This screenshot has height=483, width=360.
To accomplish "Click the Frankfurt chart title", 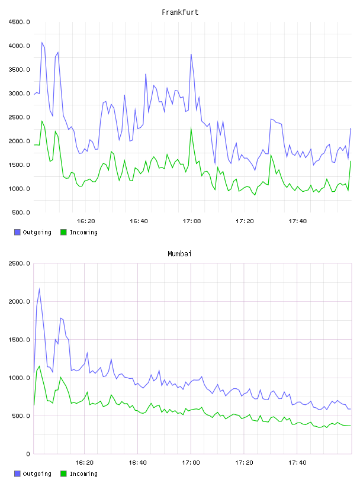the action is [180, 12].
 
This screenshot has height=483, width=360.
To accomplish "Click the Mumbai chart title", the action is [179, 254].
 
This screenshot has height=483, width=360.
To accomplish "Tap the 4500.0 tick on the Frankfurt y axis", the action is [19, 22].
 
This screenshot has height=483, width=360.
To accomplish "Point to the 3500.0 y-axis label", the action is [19, 70].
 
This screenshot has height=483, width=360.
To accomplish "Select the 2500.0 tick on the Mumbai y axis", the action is [19, 263].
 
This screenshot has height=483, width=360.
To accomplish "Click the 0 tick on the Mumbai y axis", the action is [28, 454].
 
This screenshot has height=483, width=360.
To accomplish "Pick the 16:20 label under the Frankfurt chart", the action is [86, 221].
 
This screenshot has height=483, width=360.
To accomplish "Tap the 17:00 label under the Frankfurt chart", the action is [192, 221].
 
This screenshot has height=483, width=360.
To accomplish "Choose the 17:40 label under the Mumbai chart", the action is [297, 463].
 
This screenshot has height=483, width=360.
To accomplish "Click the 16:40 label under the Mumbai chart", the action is [137, 463].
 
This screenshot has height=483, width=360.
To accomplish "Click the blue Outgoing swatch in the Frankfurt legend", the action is [17, 232].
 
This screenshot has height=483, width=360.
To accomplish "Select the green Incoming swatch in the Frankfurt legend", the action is [63, 232].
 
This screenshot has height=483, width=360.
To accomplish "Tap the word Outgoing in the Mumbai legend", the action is [37, 474].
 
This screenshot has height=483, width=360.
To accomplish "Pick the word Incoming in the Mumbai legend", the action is [83, 474].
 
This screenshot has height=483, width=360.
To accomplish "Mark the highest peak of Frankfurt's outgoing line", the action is [42, 43].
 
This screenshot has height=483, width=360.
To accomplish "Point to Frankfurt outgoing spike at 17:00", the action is [191, 54].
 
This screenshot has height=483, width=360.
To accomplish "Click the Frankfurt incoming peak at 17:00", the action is [191, 128].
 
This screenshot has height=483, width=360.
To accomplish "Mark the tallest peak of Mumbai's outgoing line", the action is [39, 289].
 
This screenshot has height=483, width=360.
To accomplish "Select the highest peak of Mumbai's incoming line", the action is [39, 366].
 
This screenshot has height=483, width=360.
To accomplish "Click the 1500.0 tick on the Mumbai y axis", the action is [19, 339].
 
